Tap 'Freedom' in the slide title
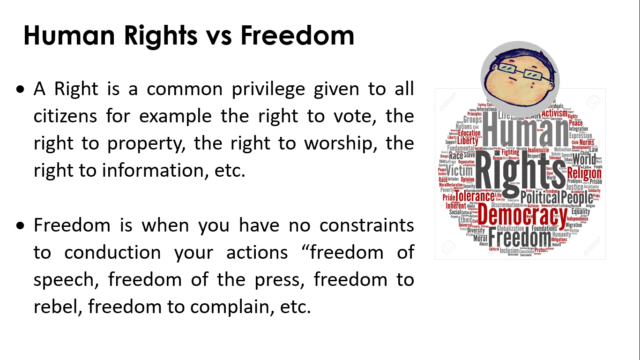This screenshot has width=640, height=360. click(x=298, y=36)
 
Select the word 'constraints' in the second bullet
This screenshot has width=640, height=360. click(x=367, y=225)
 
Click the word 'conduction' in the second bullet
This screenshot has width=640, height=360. click(x=112, y=253)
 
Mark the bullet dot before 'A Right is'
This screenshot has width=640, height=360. click(x=20, y=89)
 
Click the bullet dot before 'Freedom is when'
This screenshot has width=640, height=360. click(x=20, y=225)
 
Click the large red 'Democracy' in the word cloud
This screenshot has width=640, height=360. click(x=523, y=217)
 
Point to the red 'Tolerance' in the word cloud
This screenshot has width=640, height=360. click(x=475, y=196)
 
